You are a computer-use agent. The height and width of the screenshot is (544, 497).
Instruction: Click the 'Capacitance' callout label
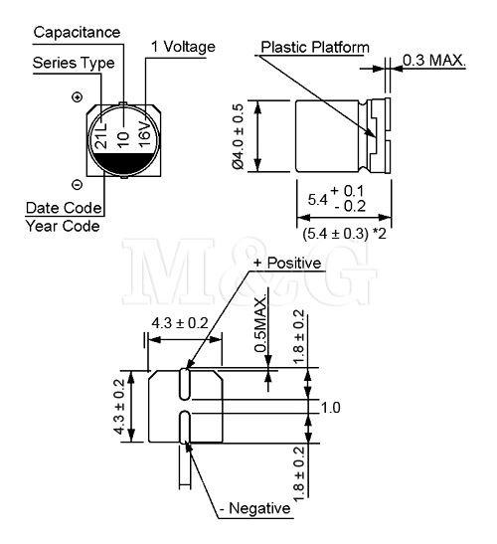coord(77,32)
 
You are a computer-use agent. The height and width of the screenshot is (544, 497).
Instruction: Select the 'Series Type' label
coord(74,63)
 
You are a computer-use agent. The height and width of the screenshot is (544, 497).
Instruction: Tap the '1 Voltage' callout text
coord(183,47)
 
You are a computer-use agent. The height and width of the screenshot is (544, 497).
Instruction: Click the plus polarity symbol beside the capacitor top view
coord(77,96)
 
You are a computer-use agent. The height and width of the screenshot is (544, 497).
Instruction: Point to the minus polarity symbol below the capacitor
coord(77,185)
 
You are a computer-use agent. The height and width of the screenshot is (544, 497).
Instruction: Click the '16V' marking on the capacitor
coord(145,133)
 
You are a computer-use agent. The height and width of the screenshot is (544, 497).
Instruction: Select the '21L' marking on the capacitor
coord(102,135)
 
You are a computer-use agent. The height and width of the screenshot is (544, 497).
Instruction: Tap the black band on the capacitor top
coord(124,162)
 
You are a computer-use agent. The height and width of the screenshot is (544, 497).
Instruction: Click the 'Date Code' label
coord(64,208)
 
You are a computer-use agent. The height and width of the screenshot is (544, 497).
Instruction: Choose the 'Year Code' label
coord(63,226)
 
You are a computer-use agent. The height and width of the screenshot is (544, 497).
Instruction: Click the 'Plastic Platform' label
coord(315,47)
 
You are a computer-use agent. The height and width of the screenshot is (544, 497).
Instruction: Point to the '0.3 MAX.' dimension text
coord(433,61)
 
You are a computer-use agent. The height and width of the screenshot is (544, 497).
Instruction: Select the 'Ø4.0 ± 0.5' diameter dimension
coord(239,136)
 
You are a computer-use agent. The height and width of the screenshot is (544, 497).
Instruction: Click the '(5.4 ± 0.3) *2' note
coord(344,234)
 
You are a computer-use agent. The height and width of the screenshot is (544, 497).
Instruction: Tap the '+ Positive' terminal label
coord(287,263)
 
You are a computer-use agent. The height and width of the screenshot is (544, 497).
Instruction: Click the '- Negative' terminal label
coord(255,508)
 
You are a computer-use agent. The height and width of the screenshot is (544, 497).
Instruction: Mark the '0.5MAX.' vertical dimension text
coord(260,324)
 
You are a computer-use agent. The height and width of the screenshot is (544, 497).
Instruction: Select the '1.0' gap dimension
coord(331,408)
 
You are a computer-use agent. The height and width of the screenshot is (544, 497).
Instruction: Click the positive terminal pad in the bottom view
coord(185,384)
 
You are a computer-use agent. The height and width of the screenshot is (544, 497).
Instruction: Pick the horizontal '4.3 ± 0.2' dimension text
coord(180,323)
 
